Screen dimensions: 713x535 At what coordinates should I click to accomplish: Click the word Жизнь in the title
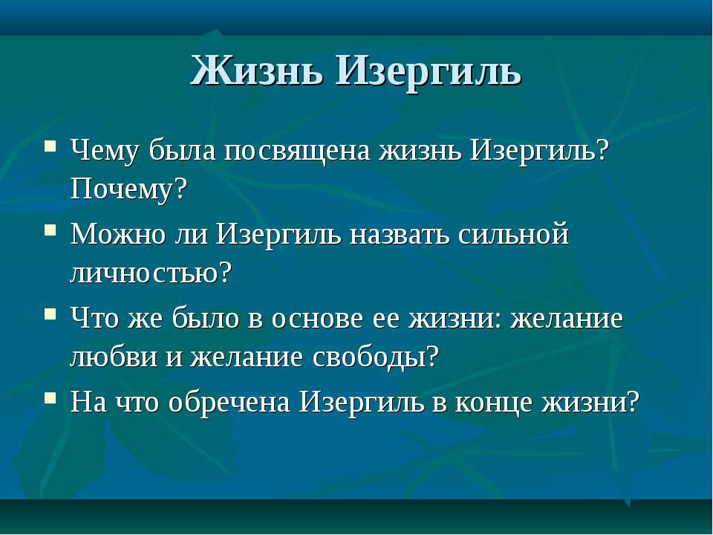[258, 70]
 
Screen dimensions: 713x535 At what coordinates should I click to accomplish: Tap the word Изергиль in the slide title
[429, 73]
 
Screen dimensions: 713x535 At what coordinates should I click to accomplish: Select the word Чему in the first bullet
[104, 150]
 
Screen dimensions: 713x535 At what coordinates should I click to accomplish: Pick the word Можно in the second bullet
[118, 234]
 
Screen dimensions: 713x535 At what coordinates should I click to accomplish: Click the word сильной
[513, 234]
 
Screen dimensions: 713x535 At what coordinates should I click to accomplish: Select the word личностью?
[151, 273]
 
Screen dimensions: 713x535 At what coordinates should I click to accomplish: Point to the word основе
[317, 319]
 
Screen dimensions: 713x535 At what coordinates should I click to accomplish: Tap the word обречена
[229, 402]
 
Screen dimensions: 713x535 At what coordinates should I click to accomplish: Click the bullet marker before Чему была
[51, 146]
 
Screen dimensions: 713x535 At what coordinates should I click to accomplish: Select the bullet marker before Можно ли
[51, 230]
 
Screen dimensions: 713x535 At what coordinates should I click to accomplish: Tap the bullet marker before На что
[51, 398]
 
